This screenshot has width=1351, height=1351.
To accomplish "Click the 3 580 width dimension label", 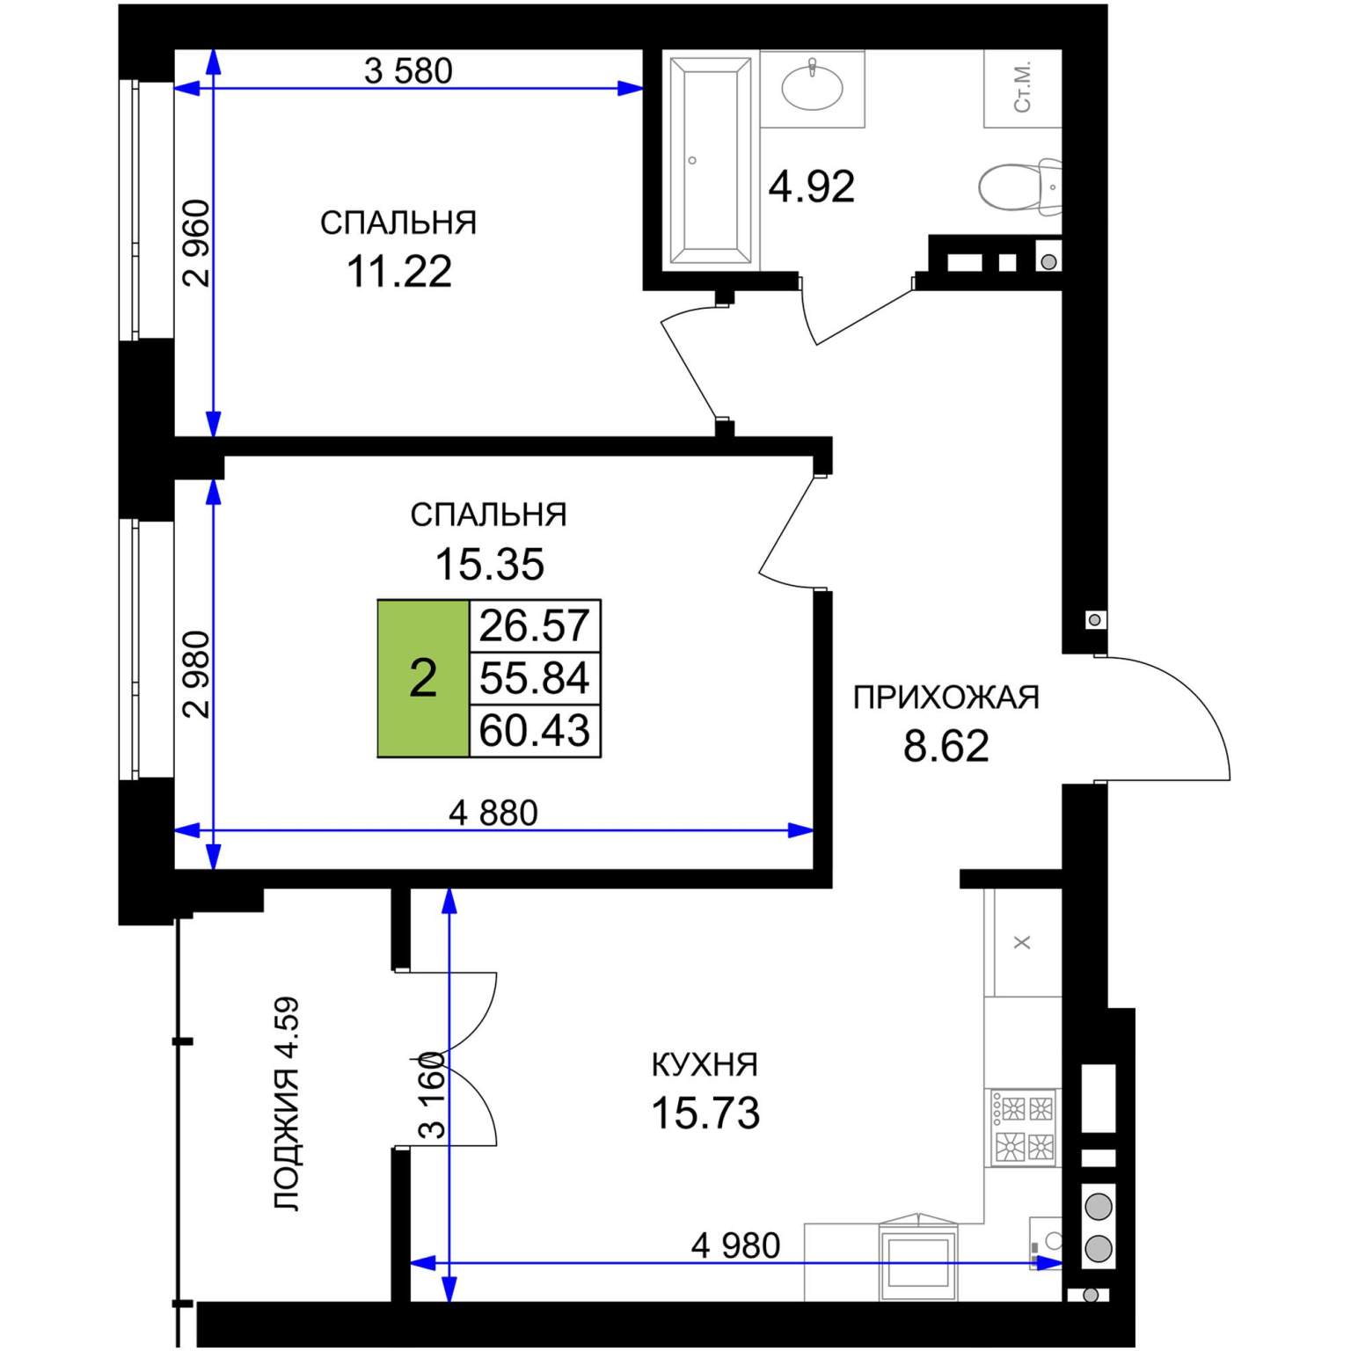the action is click(408, 71).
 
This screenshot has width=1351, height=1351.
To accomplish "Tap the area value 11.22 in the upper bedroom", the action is click(399, 272).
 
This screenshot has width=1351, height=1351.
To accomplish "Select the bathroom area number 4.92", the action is click(811, 187).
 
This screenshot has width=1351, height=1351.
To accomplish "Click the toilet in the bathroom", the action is click(1020, 186).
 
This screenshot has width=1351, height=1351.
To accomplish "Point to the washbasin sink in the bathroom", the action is click(813, 87).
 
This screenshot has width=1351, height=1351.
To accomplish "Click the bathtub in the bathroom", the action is click(712, 160).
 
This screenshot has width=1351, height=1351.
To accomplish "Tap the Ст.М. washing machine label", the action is click(1022, 87).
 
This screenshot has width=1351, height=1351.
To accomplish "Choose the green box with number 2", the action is click(423, 678).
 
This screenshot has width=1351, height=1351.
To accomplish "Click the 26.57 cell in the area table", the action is click(535, 625).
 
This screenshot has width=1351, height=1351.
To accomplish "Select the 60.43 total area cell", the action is click(535, 731).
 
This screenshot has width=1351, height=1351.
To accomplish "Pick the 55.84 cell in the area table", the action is click(535, 678).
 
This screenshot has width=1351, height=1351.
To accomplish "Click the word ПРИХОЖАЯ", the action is click(946, 697).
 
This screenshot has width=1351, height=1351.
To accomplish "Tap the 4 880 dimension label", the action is click(493, 814).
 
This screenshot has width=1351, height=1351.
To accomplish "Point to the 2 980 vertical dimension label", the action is click(196, 675).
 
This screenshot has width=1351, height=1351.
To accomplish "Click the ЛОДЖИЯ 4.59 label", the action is click(287, 1104).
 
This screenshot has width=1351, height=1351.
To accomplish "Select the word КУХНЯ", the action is click(705, 1065).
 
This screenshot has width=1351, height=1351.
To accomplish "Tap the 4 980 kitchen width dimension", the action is click(735, 1246).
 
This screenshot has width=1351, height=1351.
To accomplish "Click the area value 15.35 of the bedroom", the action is click(490, 565).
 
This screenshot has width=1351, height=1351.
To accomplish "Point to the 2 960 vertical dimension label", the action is click(196, 244).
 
